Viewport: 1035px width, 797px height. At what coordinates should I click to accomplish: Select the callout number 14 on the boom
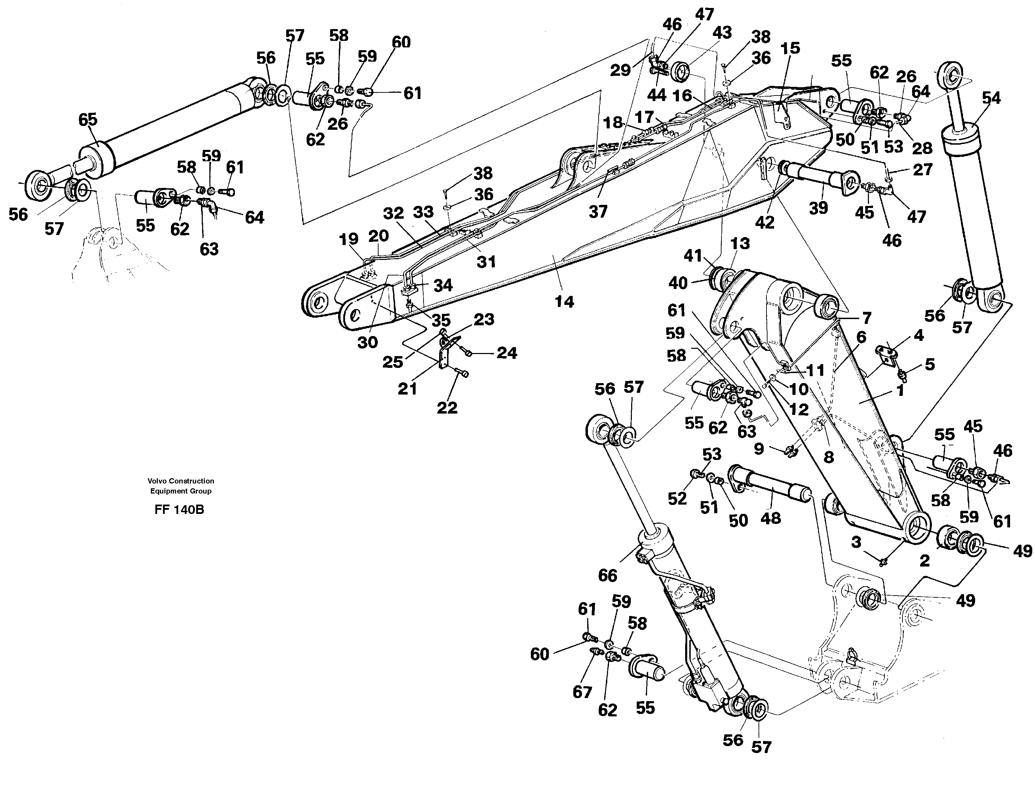564,302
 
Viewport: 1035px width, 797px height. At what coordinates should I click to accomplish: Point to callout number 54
991,98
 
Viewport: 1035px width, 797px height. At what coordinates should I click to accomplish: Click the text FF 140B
179,510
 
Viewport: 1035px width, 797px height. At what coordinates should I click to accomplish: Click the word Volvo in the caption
157,481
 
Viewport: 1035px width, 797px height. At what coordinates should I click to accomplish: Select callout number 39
818,208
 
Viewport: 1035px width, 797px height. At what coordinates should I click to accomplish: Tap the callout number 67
582,692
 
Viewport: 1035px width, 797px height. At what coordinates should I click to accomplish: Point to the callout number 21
407,389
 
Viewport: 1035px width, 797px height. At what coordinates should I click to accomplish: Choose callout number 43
722,33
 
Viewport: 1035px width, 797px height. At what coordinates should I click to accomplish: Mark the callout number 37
598,211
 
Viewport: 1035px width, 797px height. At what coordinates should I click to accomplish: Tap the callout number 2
924,561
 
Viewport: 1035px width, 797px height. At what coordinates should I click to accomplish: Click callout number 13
740,244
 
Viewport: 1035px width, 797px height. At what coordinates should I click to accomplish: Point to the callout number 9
759,448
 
